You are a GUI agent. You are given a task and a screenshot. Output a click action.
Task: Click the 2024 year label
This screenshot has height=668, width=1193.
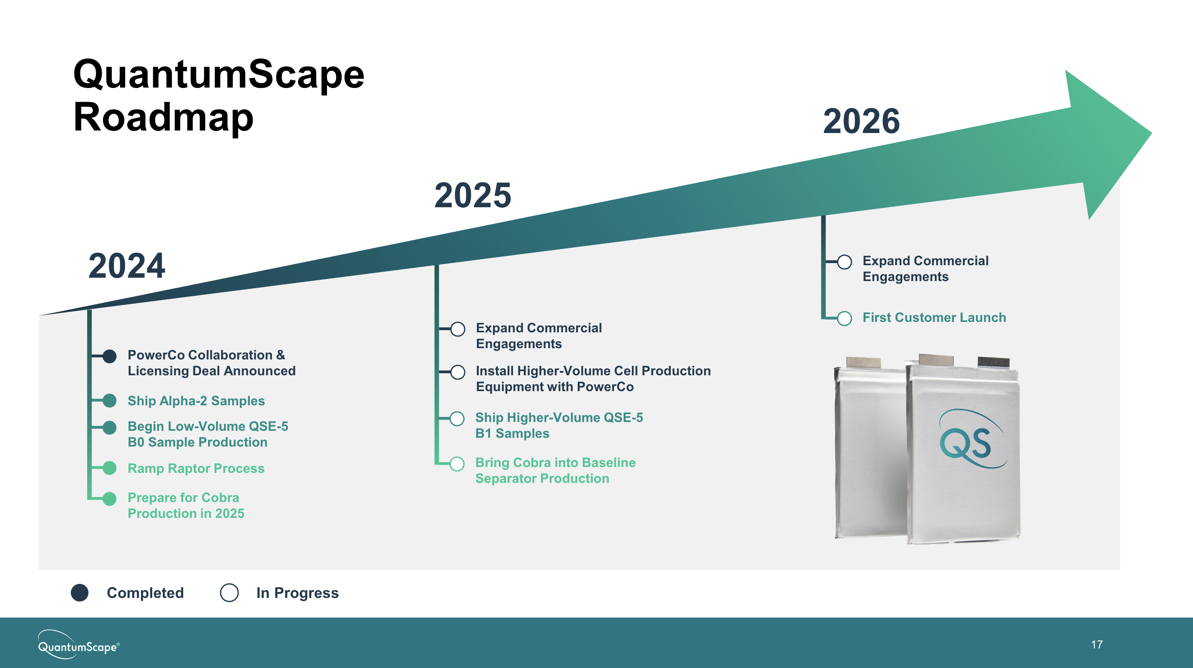click(x=126, y=266)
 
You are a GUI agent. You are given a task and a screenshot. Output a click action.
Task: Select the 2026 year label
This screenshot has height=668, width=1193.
click(x=861, y=121)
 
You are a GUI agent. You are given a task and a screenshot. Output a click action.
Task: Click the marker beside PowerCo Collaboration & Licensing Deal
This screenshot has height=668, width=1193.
click(x=109, y=356)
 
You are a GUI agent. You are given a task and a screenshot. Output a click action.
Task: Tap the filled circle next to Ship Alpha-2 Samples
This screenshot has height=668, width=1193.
click(x=109, y=400)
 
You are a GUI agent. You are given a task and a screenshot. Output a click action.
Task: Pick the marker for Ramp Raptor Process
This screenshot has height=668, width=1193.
click(x=109, y=468)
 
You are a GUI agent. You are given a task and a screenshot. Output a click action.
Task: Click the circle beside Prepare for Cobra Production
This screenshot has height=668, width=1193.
click(x=109, y=499)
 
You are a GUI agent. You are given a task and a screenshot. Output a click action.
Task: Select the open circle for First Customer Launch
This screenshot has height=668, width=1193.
click(x=844, y=318)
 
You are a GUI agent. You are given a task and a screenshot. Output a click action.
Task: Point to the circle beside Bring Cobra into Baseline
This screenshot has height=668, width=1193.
click(x=457, y=464)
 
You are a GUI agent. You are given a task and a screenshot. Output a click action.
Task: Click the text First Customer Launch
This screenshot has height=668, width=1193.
click(x=934, y=318)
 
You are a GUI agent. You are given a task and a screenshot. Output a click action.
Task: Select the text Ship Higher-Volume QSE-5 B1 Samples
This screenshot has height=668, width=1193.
click(x=559, y=425)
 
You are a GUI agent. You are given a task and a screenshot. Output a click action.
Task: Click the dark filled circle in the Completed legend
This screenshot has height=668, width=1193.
click(x=80, y=593)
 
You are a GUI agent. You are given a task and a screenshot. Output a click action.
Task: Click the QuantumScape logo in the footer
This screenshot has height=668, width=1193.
click(x=78, y=644)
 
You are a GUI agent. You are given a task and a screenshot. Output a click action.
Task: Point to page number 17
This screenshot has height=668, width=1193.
click(x=1097, y=644)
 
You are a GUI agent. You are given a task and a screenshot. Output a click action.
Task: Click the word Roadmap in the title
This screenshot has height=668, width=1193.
click(x=163, y=118)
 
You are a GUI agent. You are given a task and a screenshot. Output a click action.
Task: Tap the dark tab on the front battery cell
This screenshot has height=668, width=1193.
click(x=993, y=362)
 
